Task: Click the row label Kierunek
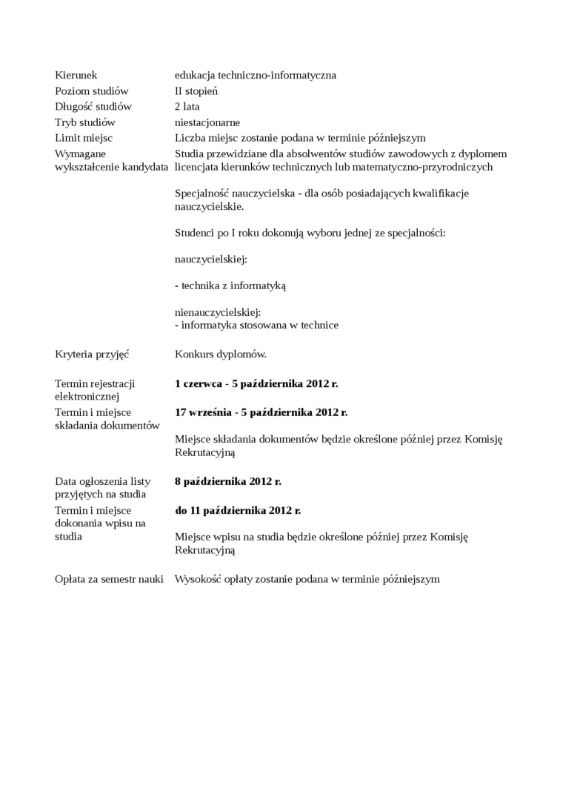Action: click(x=76, y=75)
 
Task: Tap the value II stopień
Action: click(x=196, y=91)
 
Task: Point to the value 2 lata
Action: click(x=187, y=107)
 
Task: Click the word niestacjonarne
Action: click(x=207, y=122)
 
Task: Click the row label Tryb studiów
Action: click(x=85, y=122)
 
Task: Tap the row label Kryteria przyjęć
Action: click(x=92, y=354)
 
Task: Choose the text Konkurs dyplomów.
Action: click(x=221, y=354)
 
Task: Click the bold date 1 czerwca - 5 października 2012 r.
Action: click(x=256, y=383)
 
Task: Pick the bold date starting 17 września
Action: click(x=261, y=412)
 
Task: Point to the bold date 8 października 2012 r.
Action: click(x=228, y=481)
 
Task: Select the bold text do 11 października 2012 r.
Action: click(x=238, y=510)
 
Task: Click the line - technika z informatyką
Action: click(x=230, y=285)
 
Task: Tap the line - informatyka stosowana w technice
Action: click(x=256, y=325)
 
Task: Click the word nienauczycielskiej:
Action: click(x=218, y=312)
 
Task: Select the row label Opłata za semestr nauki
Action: click(x=109, y=579)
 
